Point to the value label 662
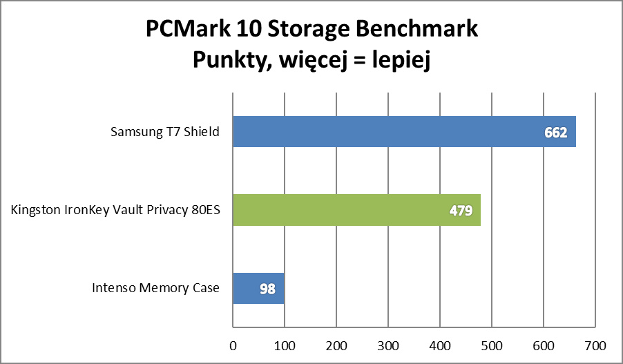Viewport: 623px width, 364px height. click(555, 133)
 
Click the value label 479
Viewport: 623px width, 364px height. click(460, 211)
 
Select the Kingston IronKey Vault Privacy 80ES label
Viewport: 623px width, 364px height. click(115, 210)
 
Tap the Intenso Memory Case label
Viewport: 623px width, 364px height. click(155, 289)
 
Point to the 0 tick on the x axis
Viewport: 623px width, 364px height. click(233, 344)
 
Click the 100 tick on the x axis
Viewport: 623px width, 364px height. click(285, 344)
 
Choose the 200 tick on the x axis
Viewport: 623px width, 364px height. click(336, 344)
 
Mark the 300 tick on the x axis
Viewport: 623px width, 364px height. click(388, 344)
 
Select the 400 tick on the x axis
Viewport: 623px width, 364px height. click(440, 344)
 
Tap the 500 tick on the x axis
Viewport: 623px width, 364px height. click(492, 344)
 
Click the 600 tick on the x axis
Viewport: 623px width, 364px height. click(544, 344)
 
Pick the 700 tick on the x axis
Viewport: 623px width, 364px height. click(595, 344)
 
